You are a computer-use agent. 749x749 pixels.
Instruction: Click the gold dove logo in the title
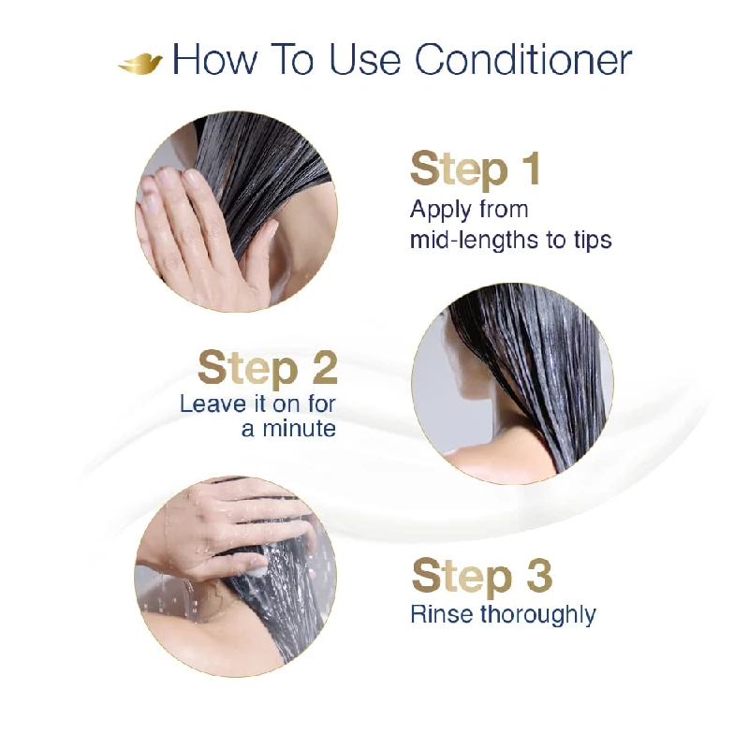pos(140,63)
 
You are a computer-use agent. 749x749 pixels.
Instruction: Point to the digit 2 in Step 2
pos(313,368)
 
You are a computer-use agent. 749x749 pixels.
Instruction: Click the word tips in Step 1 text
pos(592,240)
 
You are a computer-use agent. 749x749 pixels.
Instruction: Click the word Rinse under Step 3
pos(442,614)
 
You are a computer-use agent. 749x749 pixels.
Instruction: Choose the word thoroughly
pos(538,615)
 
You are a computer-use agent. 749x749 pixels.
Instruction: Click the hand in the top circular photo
pos(192,229)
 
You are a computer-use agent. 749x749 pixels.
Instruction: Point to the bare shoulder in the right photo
pos(468,445)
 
